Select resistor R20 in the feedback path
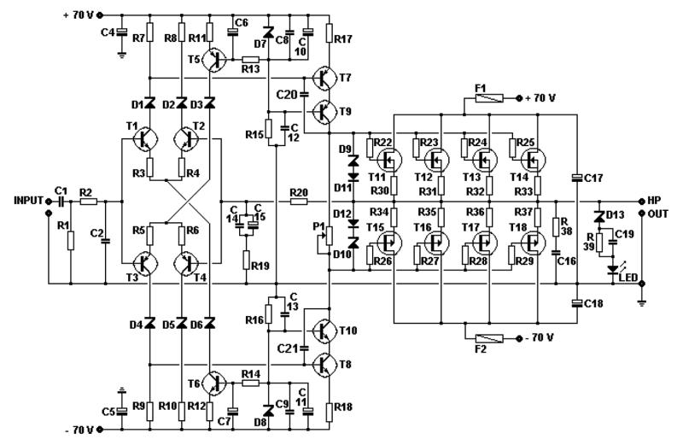pyautogui.click(x=299, y=202)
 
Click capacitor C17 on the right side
pyautogui.click(x=577, y=178)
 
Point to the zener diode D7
pyautogui.click(x=269, y=32)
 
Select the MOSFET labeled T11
pyautogui.click(x=392, y=160)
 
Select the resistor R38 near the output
pyautogui.click(x=556, y=226)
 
